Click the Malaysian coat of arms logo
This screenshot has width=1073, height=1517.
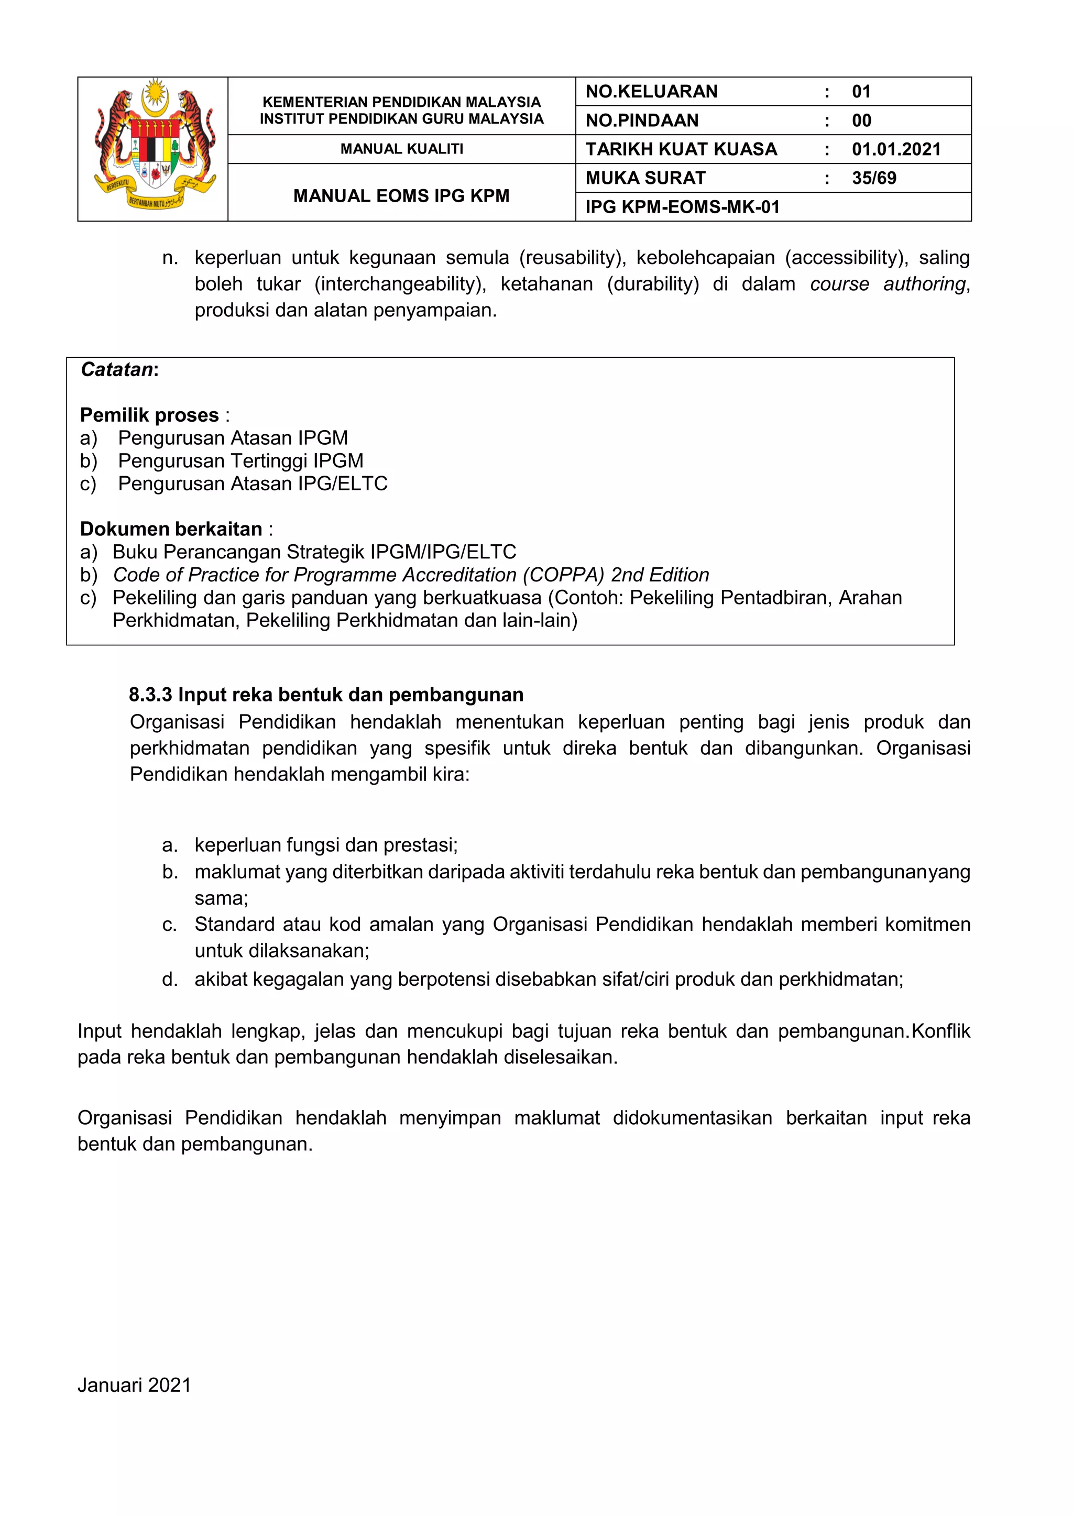pyautogui.click(x=154, y=147)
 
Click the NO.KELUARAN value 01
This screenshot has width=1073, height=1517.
pyautogui.click(x=861, y=91)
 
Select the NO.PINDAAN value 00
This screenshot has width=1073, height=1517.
pyautogui.click(x=861, y=120)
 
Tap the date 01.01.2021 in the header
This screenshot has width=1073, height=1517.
pyautogui.click(x=895, y=149)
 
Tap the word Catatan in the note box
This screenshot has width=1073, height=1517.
pyautogui.click(x=117, y=369)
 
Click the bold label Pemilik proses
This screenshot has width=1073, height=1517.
pyautogui.click(x=149, y=415)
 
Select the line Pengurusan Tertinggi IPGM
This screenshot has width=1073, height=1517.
pyautogui.click(x=240, y=460)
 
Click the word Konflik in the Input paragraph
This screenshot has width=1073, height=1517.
pyautogui.click(x=940, y=1031)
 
